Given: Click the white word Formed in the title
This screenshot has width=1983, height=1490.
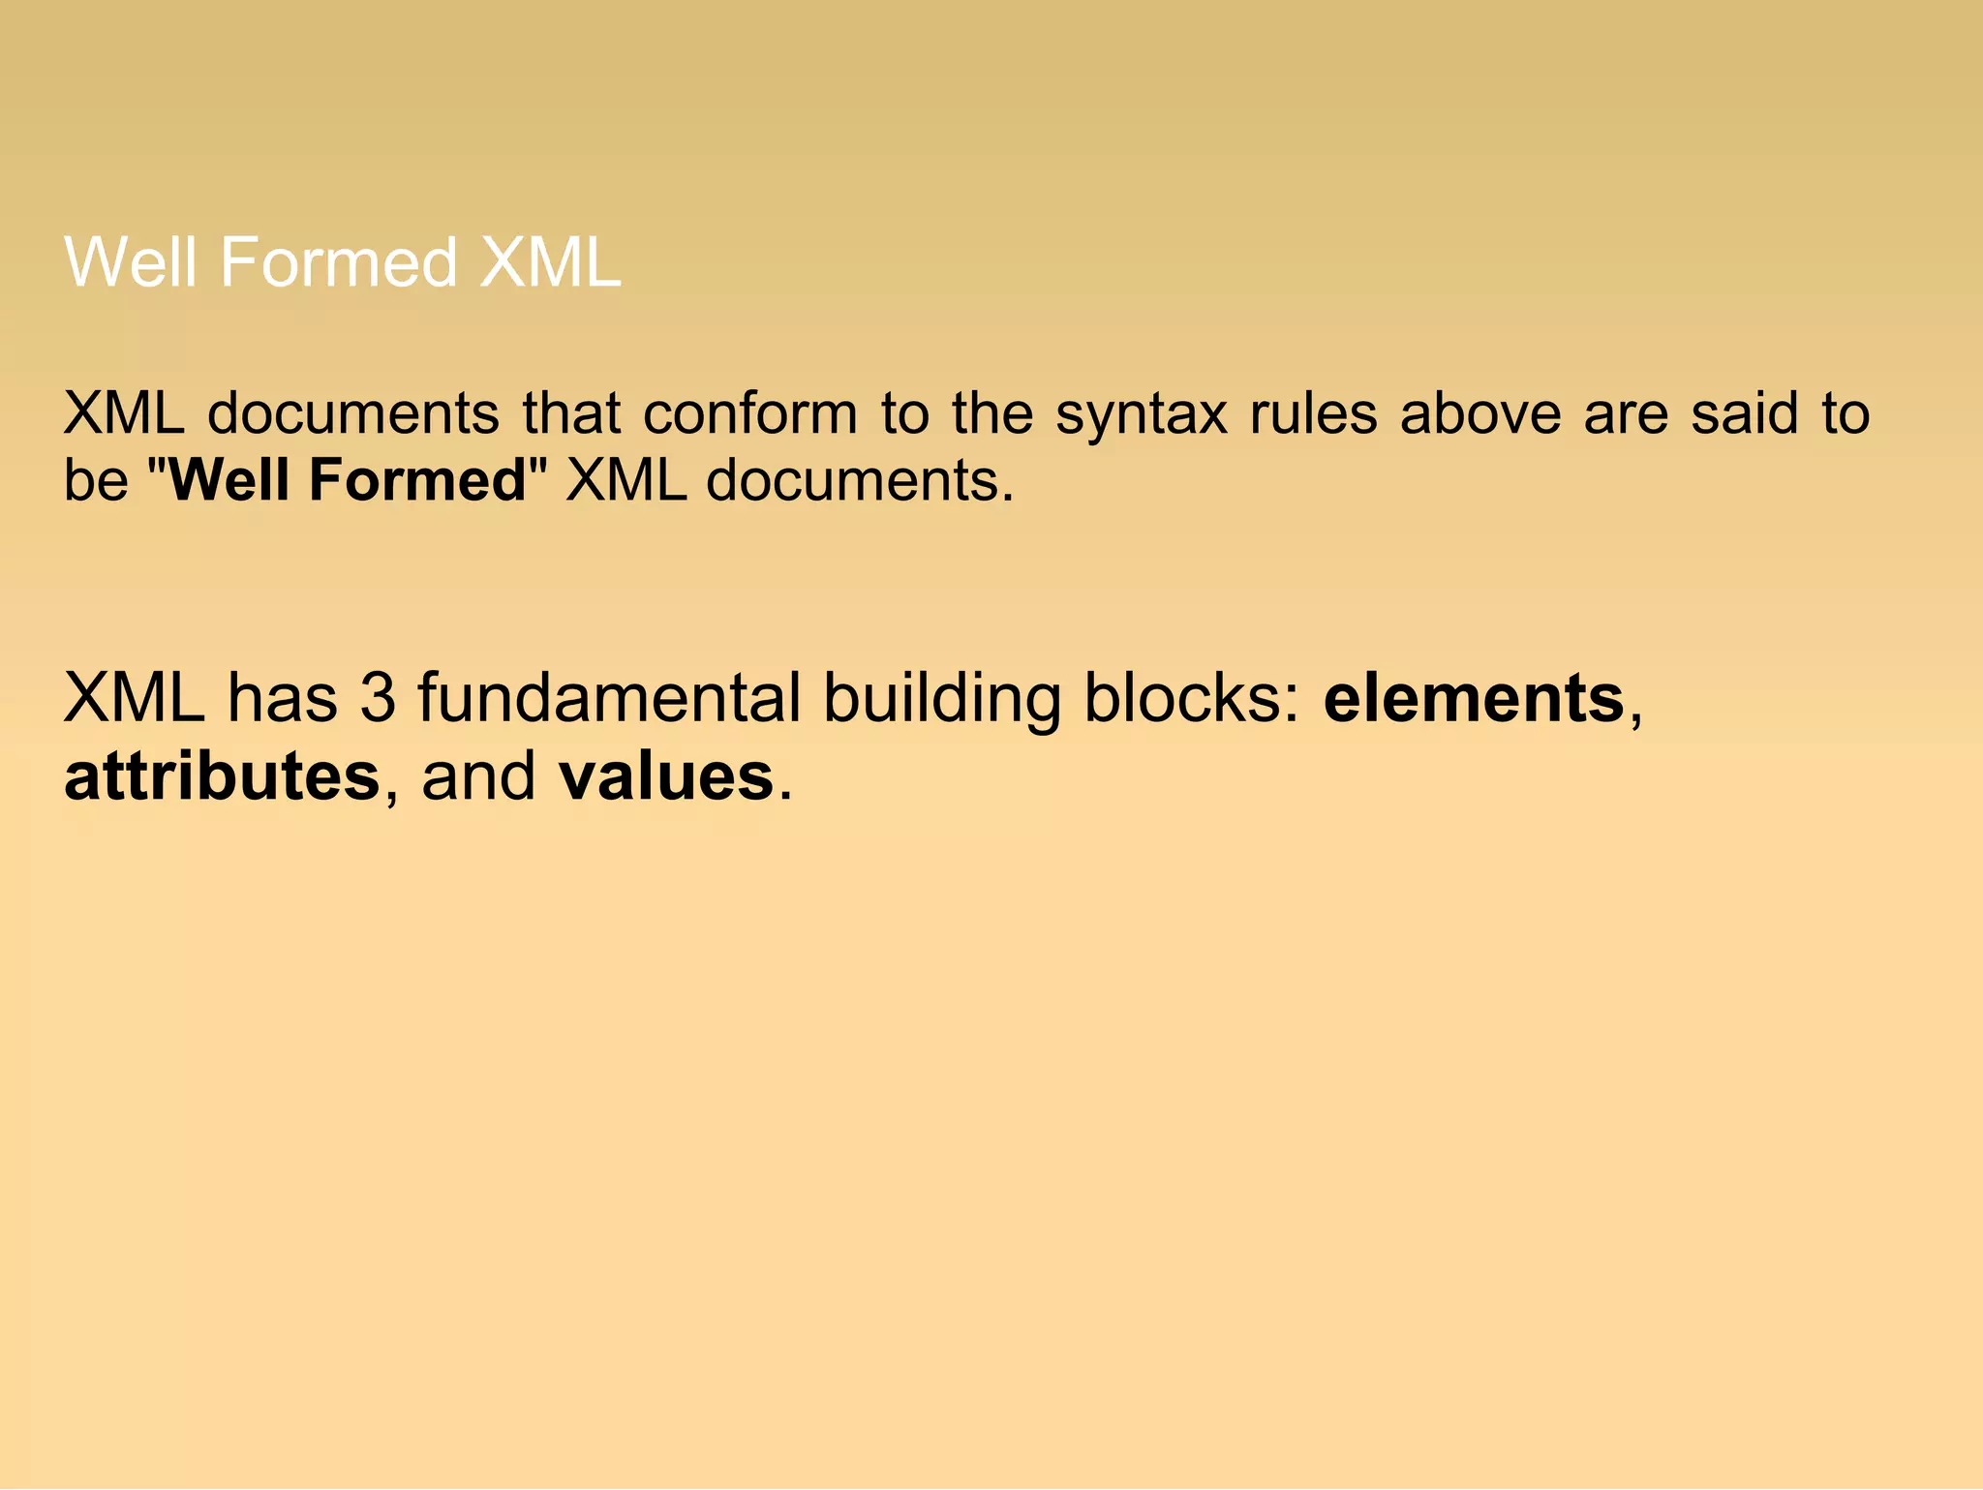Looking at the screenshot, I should tap(338, 262).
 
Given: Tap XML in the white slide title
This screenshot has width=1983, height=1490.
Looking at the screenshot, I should tap(550, 262).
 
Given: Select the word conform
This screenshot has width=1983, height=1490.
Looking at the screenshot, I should tap(750, 413).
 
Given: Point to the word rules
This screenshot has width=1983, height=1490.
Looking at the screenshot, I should tap(1313, 413).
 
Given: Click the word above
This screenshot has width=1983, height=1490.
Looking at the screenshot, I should tap(1480, 413).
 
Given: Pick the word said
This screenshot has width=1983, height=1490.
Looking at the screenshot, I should tap(1744, 413).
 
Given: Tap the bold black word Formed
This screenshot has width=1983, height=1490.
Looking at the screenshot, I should tap(416, 479).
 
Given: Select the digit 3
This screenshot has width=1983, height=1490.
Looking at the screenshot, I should tap(378, 698).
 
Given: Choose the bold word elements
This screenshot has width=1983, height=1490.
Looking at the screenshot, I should tap(1473, 698).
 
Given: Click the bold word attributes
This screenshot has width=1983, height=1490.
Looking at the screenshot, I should tap(222, 776).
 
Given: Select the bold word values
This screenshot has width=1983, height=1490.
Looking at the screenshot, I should tap(666, 776).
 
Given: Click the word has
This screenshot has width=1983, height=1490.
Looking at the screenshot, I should tap(282, 698).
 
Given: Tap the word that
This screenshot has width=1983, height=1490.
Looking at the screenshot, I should tap(570, 413).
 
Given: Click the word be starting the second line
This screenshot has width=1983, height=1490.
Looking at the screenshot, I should tap(95, 479).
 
